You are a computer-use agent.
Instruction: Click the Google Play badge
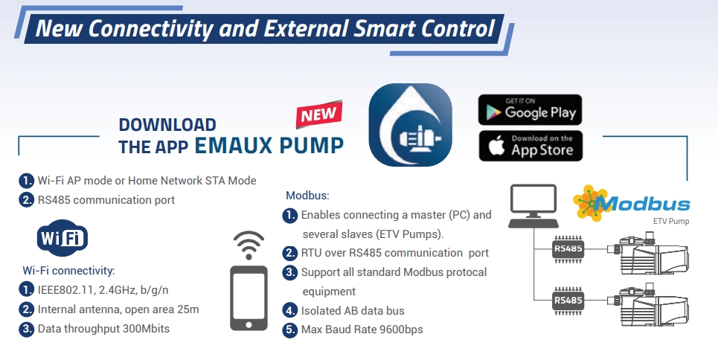coord(530,110)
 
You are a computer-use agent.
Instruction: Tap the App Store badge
coord(531,146)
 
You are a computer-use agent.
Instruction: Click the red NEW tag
coord(319,114)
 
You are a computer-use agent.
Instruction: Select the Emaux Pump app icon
coord(410,124)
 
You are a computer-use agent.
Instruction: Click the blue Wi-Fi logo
coord(62,238)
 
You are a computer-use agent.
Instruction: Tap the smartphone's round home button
coord(249,325)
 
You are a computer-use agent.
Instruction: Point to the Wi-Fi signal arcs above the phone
coord(249,245)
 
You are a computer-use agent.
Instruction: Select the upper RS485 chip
coord(568,249)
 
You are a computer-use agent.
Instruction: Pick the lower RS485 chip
coord(568,300)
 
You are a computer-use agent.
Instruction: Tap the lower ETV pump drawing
coord(648,304)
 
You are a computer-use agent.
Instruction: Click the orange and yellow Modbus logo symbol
coord(591,203)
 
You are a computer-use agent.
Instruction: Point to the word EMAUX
coord(234,145)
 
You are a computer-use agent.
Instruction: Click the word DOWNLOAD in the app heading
coord(167,125)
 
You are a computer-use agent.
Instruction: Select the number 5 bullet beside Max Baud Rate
coord(290,330)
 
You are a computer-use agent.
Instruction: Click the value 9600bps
coord(402,330)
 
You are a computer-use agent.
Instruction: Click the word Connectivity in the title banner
coord(150,28)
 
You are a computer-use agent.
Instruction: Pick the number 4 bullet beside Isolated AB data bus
coord(290,310)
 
